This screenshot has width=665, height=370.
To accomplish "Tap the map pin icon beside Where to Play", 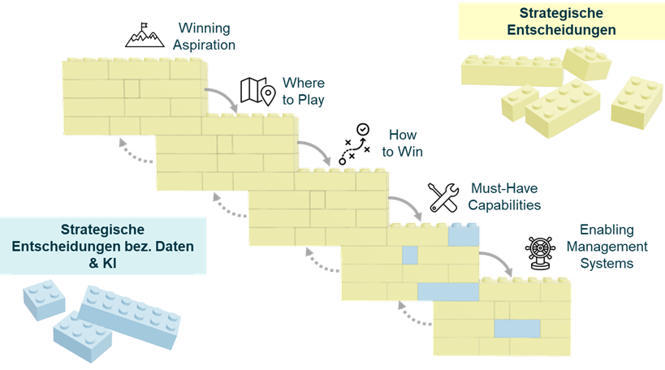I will pyautogui.click(x=257, y=91).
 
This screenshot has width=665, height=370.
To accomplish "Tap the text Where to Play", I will pyautogui.click(x=303, y=92).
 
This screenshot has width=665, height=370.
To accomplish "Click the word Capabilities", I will pyautogui.click(x=504, y=205).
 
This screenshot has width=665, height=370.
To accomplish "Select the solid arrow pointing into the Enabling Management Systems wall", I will pyautogui.click(x=499, y=261).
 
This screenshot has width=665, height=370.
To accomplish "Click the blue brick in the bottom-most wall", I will pyautogui.click(x=517, y=328).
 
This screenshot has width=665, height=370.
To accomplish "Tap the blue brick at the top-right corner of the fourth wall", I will pyautogui.click(x=464, y=234).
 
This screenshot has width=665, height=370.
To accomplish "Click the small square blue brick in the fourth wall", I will pyautogui.click(x=410, y=254).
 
